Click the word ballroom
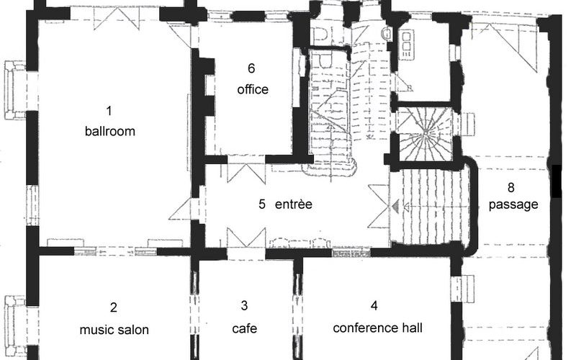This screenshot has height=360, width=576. (x=110, y=131)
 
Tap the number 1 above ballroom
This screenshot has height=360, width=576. (x=109, y=110)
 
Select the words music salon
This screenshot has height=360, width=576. (x=114, y=330)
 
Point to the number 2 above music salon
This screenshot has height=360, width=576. (x=114, y=307)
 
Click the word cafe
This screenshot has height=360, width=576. (x=245, y=328)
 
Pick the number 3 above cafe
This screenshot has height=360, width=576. (x=244, y=305)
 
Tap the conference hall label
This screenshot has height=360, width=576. (x=377, y=328)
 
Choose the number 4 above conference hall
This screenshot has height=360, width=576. (x=374, y=305)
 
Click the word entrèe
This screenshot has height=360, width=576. (x=294, y=204)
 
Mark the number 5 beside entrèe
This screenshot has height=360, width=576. (x=262, y=204)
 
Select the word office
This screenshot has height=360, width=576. (x=253, y=89)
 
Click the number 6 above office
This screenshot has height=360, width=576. (x=251, y=68)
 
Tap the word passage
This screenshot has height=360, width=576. (x=513, y=204)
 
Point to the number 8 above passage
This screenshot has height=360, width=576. (x=511, y=187)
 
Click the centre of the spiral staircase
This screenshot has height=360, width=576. (x=425, y=133)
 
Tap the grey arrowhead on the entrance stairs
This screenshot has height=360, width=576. (x=395, y=207)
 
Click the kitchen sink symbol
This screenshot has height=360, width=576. (x=406, y=45)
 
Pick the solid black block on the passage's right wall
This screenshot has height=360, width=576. (x=557, y=181)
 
